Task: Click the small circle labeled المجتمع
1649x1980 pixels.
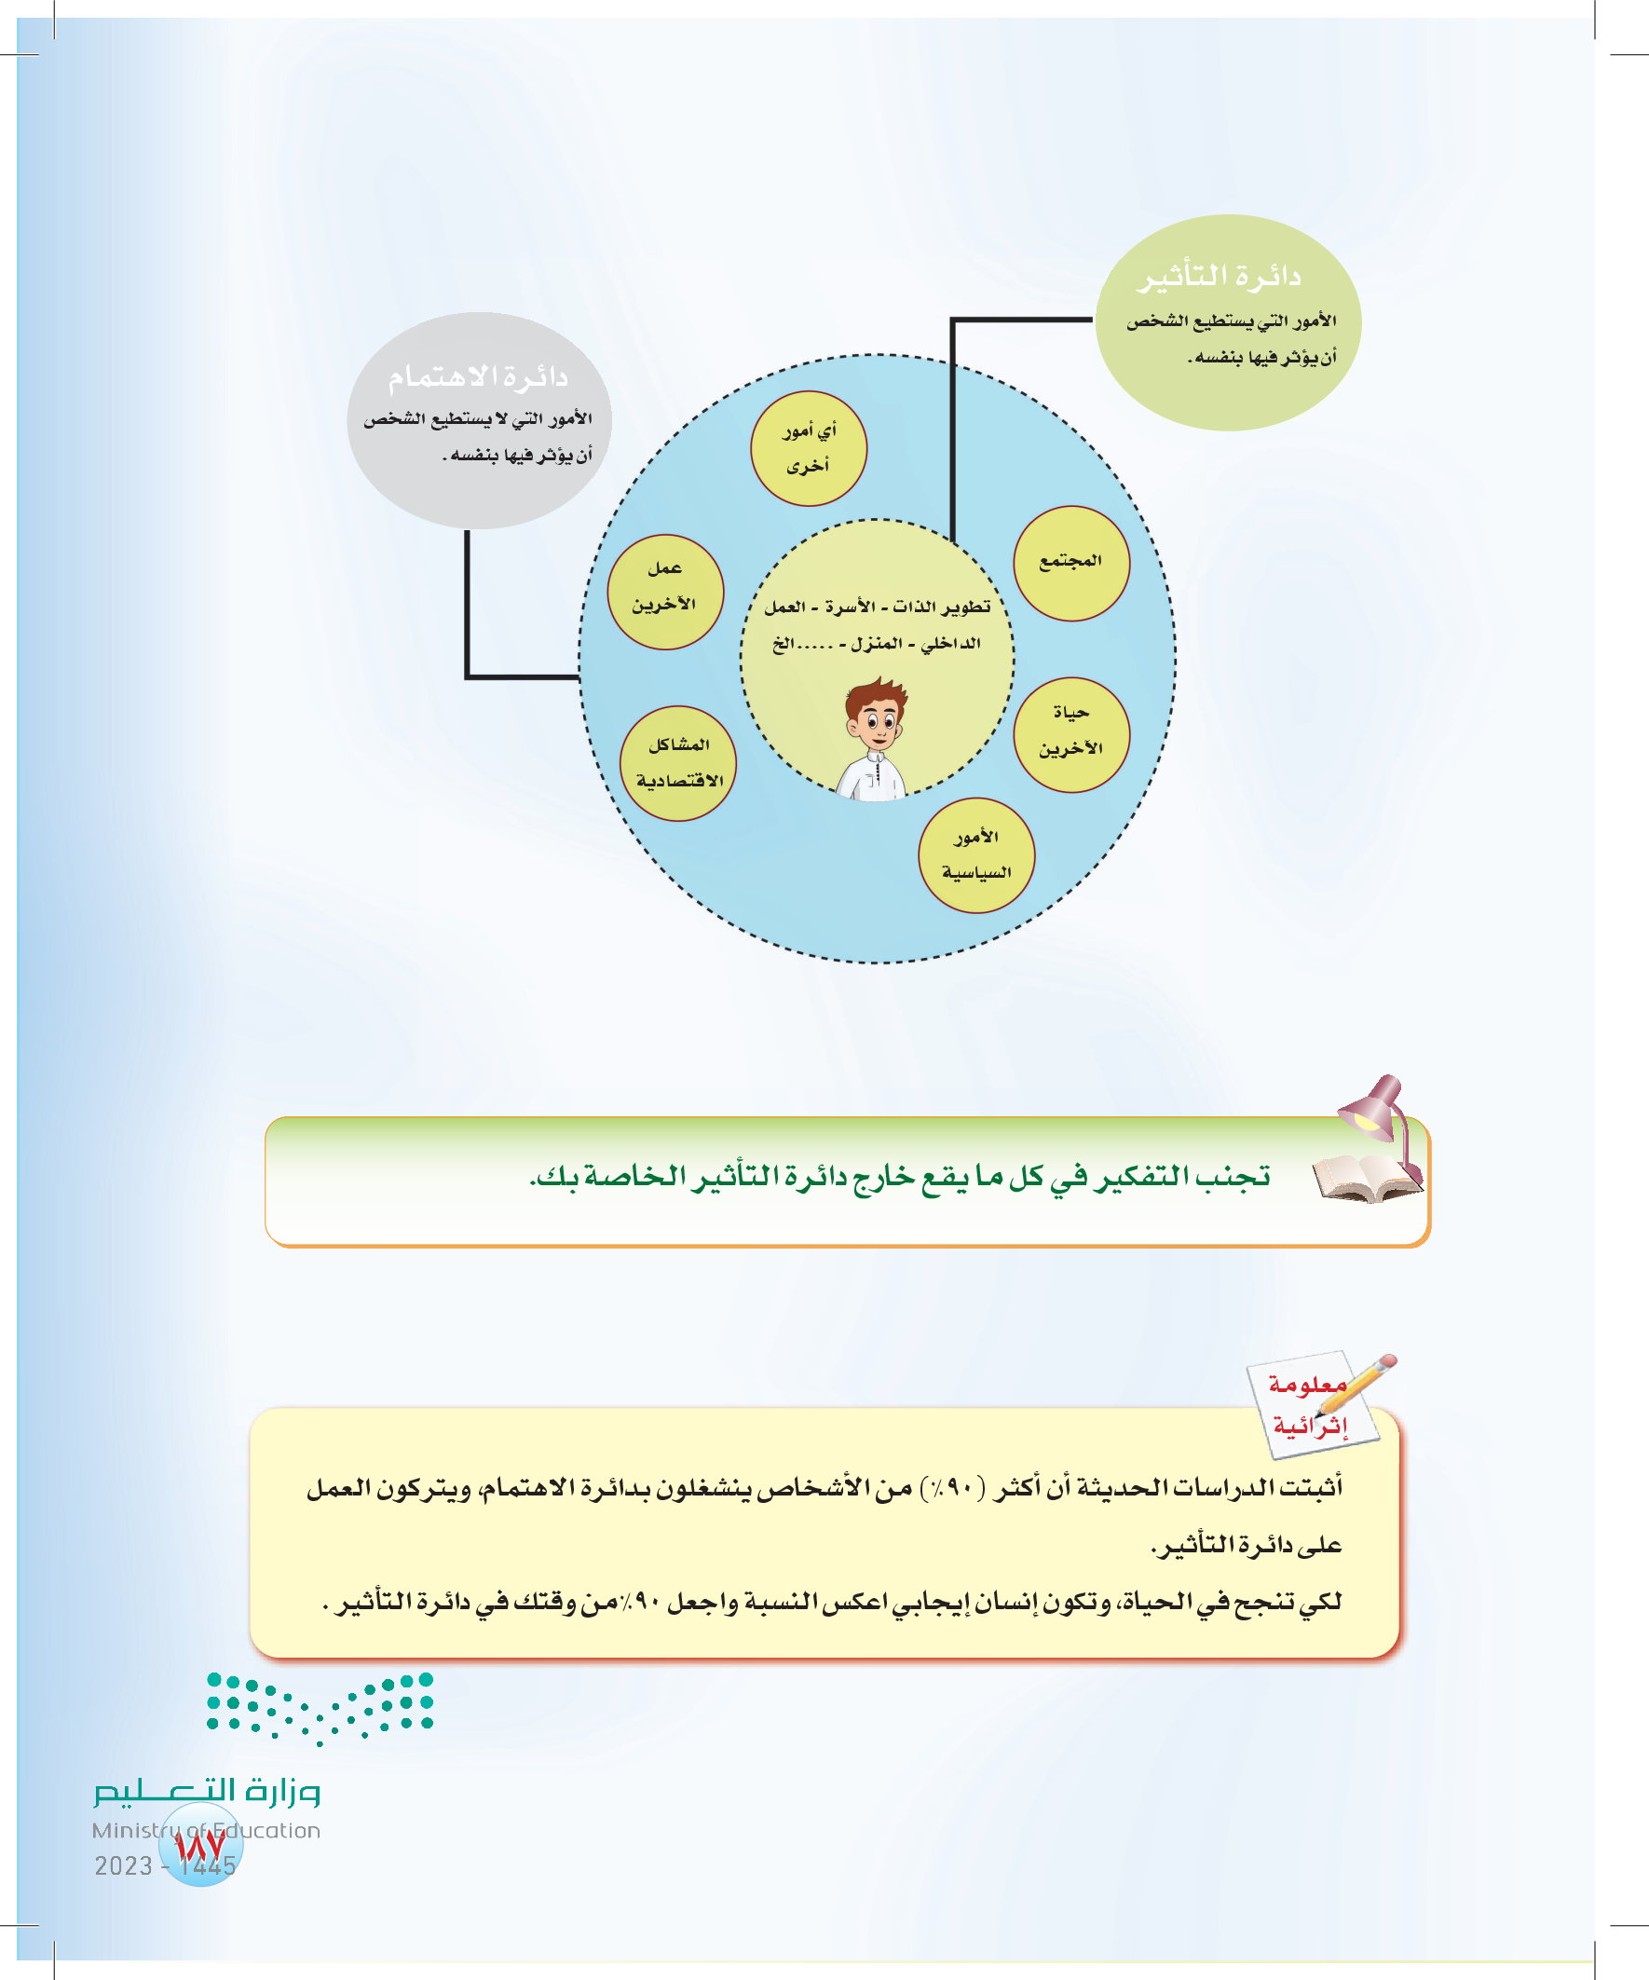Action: [x=1071, y=564]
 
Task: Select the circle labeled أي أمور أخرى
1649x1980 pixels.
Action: [x=808, y=449]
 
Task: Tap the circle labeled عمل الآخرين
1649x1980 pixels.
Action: [x=664, y=592]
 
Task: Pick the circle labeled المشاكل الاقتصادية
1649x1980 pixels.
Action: [x=678, y=764]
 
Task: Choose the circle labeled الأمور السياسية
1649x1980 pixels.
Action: [x=975, y=856]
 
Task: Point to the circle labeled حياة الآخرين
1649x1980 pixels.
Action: [x=1071, y=735]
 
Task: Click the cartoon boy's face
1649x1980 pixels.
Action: [x=877, y=723]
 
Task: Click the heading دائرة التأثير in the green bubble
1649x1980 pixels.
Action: [x=1220, y=276]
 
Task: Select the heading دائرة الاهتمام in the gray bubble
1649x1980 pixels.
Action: [x=478, y=377]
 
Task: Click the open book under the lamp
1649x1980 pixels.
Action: [x=1362, y=1179]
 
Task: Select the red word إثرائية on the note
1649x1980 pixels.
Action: [x=1310, y=1426]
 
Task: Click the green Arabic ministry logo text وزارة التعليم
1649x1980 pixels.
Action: [x=208, y=1791]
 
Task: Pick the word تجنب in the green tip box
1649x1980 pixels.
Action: [x=1233, y=1177]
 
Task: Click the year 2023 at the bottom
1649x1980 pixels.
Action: [x=124, y=1866]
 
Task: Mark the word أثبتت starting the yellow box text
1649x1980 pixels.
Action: [x=1306, y=1488]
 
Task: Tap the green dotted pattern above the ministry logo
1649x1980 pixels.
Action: [x=320, y=1706]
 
